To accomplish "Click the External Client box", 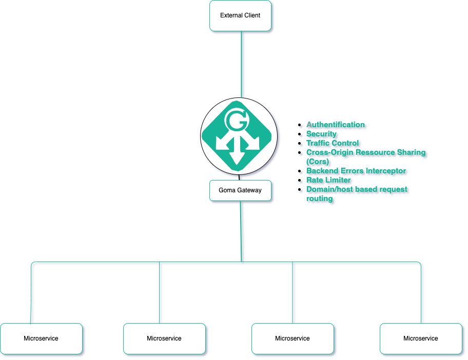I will click(x=240, y=15).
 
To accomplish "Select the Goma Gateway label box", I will click(x=240, y=190).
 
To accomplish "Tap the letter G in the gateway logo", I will click(x=236, y=122).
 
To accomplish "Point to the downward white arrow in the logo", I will click(x=237, y=154).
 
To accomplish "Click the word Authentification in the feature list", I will click(x=336, y=125).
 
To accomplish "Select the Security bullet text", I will click(x=321, y=134).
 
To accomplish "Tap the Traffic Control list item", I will click(x=333, y=143).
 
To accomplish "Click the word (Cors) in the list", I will click(x=318, y=162).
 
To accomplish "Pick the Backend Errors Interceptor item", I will click(x=356, y=171).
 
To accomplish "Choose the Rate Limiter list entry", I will click(x=328, y=180).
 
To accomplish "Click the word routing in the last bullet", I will click(x=319, y=198).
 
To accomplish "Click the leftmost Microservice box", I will click(x=41, y=338).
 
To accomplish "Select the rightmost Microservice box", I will click(x=421, y=338).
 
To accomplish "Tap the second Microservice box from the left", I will click(x=164, y=338).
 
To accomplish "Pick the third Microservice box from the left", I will click(x=292, y=338).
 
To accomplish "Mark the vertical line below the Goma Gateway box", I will click(x=241, y=231).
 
